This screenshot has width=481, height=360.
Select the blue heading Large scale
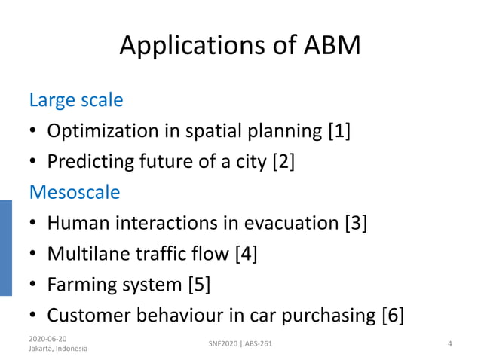pyautogui.click(x=75, y=99)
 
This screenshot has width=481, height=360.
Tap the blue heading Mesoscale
pyautogui.click(x=74, y=192)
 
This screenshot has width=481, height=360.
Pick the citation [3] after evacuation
pyautogui.click(x=355, y=224)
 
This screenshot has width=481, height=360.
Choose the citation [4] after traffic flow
pyautogui.click(x=246, y=255)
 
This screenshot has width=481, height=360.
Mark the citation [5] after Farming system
pyautogui.click(x=199, y=285)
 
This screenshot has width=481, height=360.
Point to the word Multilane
pyautogui.click(x=90, y=255)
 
